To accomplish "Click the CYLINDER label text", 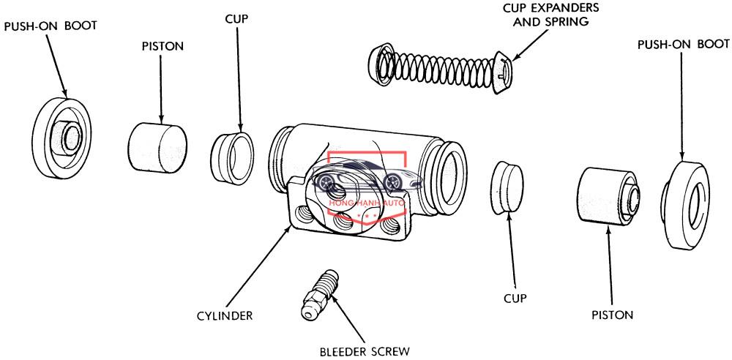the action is coord(224,315).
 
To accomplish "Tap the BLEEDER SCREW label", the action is coord(365,350).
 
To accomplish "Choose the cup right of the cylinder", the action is coord(507,188).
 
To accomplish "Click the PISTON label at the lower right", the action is coord(612,315).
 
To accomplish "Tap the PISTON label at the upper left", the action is coord(162,46).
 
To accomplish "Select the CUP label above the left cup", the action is coord(236,19).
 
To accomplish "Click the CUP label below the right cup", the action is coord(515,298).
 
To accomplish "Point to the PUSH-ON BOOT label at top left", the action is coord(51,26).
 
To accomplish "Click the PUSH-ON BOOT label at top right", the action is coord(684,45).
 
